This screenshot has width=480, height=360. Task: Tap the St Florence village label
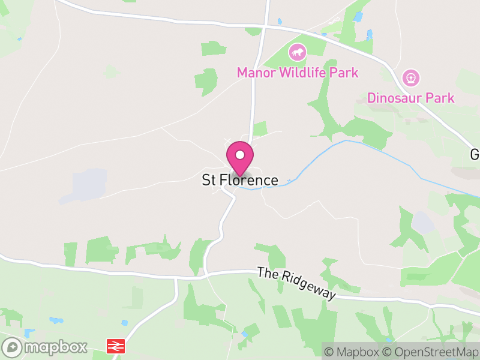pos(240,180)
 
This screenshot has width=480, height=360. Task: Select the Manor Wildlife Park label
pos(298,73)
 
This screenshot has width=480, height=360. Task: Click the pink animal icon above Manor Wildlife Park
pos(297,53)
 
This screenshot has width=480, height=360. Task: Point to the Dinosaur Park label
pos(411,98)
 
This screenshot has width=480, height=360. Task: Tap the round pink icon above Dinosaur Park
pos(411,77)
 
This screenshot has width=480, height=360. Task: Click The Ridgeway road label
pos(297,283)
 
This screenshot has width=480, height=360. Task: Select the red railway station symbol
pos(115,346)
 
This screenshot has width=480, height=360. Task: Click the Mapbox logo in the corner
pos(45,347)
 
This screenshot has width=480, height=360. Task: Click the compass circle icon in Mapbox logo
pos(12,347)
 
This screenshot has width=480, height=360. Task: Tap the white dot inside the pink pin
pos(239,155)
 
